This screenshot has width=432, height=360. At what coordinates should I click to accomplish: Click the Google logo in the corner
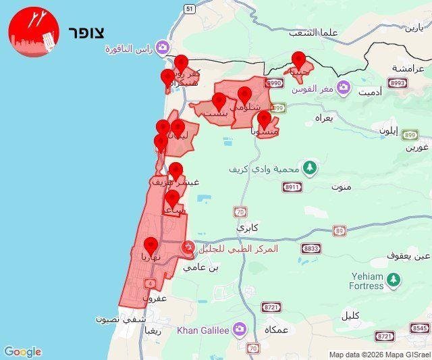22,351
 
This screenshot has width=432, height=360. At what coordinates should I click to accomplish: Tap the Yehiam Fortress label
367,281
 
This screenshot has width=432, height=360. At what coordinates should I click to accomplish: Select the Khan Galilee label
202,330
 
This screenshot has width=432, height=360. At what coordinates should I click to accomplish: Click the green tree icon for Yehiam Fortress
394,278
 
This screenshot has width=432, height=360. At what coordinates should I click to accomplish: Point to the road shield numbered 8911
292,187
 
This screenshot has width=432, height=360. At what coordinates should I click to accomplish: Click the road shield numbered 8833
310,249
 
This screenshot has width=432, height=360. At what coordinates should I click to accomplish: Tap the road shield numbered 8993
398,83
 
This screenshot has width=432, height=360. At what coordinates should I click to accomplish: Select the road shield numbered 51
189,8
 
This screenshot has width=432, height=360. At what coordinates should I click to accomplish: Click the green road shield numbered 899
410,134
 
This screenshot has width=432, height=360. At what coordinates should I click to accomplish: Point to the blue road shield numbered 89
339,231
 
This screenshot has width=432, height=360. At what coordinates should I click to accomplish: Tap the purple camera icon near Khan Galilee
239,329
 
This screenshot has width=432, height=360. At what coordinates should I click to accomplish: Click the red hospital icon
189,249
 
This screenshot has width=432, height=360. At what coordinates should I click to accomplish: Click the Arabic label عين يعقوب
408,256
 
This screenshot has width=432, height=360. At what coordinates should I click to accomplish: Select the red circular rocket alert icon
34,32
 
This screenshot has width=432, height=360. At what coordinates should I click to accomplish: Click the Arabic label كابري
248,228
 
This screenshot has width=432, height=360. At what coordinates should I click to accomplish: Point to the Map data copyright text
379,355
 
